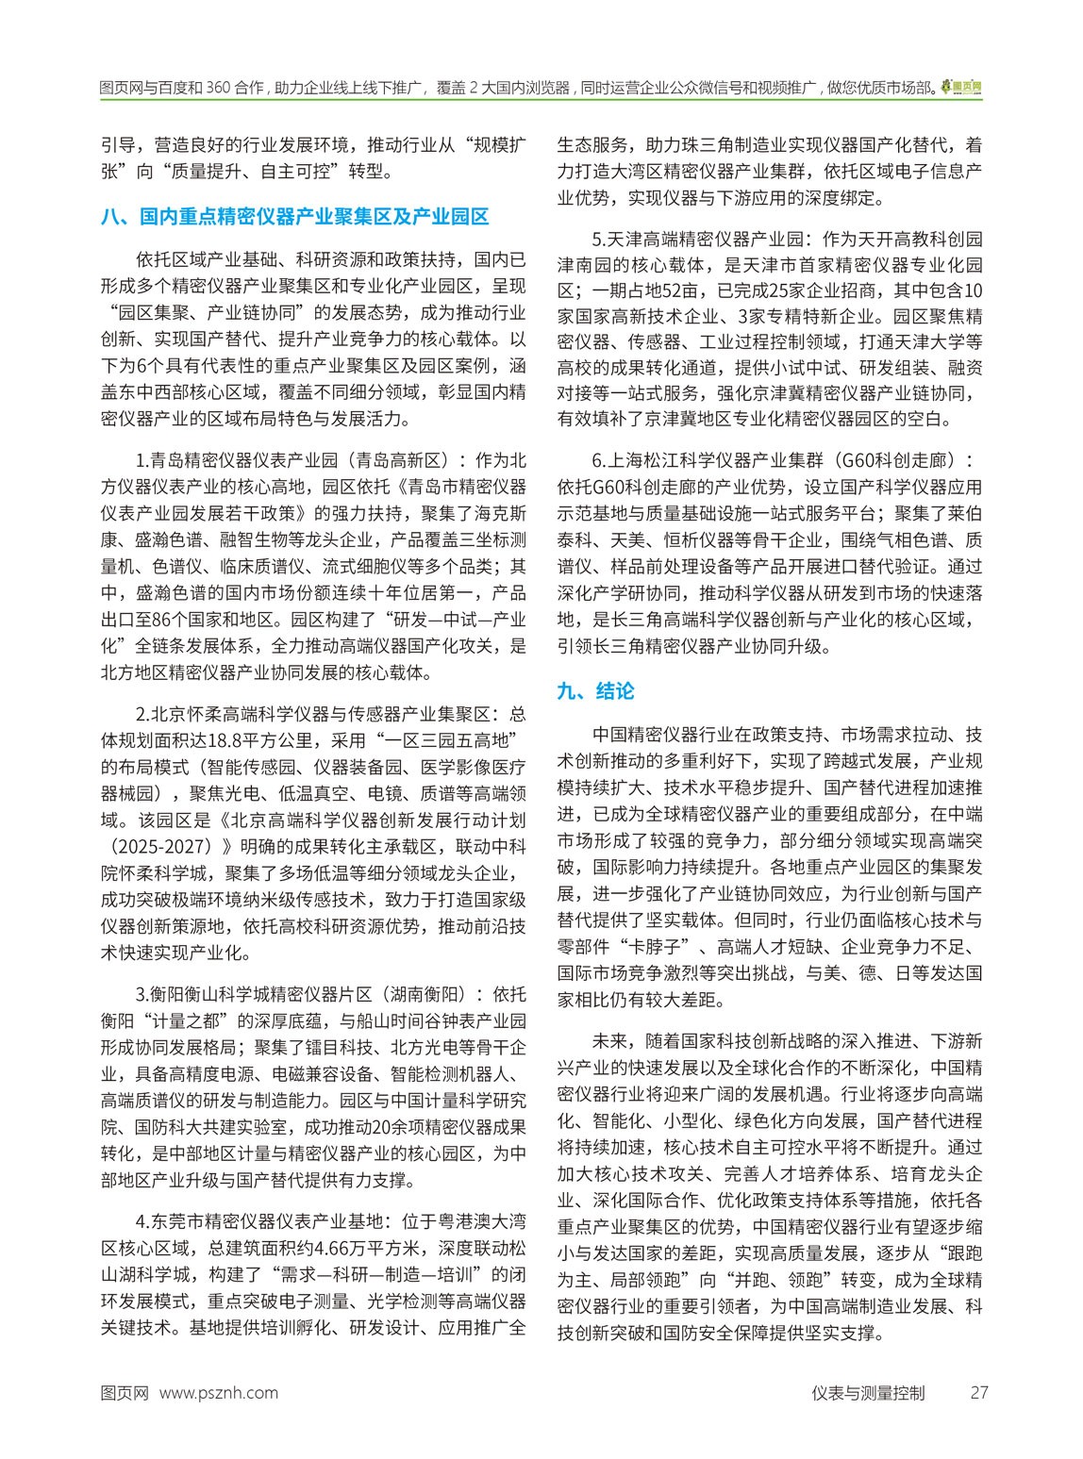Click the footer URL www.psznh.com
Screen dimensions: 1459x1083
(x=219, y=1393)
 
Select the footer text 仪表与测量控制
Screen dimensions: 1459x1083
(x=867, y=1393)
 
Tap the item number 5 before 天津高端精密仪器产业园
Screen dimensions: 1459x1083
(x=596, y=237)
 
